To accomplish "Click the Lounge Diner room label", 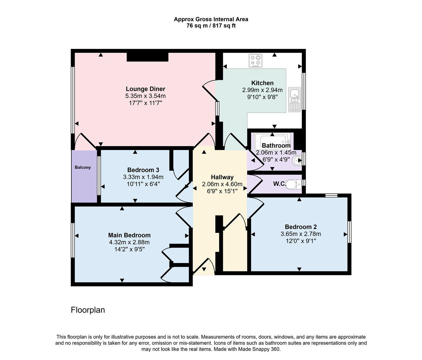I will coord(145,89).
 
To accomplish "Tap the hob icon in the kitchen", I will coord(256,61).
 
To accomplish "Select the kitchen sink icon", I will coord(295,99).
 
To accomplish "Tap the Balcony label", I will coord(83,167).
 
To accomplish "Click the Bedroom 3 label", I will coord(143,170).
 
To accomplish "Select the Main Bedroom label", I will coord(129,235).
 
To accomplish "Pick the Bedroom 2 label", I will coord(301,227).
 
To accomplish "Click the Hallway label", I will coord(222,177).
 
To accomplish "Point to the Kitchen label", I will coord(262,83).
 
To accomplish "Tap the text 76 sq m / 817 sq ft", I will coord(211,26).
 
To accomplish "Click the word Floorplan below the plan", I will coord(88,310).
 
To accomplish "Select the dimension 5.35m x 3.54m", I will coord(145,96).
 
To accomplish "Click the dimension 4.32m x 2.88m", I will coord(129,242).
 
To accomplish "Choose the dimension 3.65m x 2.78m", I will coord(301,234).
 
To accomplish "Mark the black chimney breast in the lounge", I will coord(147,57).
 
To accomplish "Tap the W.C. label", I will coord(280,184).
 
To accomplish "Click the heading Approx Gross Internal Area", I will coord(211,19).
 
